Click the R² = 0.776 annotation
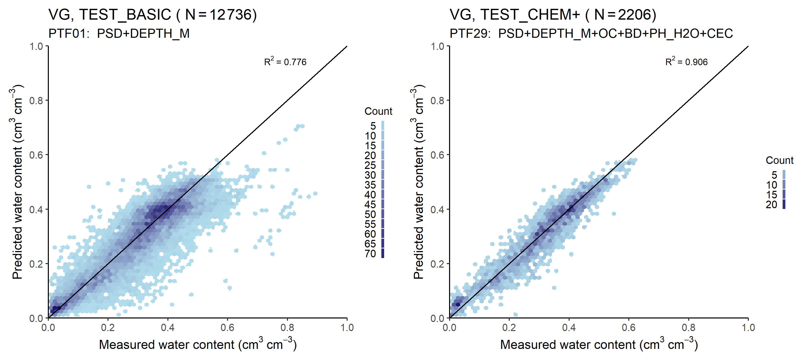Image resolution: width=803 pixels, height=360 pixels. (x=285, y=62)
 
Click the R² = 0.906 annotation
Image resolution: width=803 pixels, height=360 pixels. (x=686, y=62)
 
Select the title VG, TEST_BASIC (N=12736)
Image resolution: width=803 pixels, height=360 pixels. (x=153, y=15)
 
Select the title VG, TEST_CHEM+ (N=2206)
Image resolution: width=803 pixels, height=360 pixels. (x=553, y=15)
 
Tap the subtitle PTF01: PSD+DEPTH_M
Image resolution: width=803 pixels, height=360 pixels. (x=119, y=33)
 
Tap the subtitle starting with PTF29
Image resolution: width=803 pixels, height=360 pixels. (x=591, y=33)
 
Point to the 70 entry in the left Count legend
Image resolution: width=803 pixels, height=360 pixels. (x=371, y=254)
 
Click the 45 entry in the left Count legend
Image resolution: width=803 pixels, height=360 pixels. (x=371, y=204)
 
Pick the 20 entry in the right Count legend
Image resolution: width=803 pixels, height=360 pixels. (x=772, y=204)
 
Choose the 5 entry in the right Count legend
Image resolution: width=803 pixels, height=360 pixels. (x=774, y=175)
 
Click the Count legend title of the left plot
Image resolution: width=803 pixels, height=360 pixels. (x=378, y=111)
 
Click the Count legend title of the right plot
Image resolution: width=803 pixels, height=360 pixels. (x=780, y=160)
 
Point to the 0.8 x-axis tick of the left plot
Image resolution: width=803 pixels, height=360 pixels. (x=287, y=328)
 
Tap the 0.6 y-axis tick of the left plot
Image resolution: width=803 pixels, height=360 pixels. (x=36, y=155)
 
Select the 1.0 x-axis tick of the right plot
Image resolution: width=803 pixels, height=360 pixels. (x=748, y=328)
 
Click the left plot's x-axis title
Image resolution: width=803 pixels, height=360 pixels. (x=198, y=345)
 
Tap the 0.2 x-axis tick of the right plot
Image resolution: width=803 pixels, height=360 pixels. (x=509, y=328)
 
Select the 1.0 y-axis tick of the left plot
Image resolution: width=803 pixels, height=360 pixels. (x=36, y=46)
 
